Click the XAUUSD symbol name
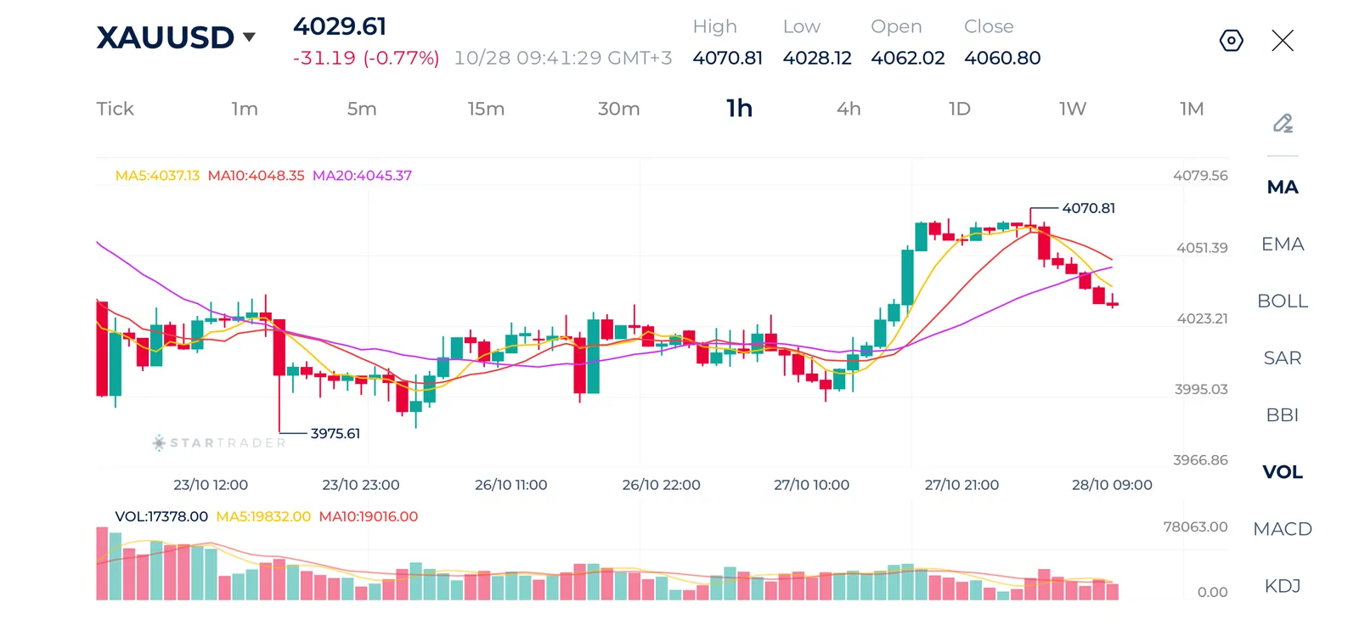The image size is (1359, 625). (x=165, y=37)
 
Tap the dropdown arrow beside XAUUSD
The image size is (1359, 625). (x=249, y=37)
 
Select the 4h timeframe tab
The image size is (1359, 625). (x=849, y=109)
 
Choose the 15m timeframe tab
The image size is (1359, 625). (x=486, y=109)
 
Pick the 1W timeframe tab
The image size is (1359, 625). (x=1073, y=109)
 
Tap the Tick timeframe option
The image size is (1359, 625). (x=115, y=109)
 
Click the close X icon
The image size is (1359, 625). (x=1283, y=41)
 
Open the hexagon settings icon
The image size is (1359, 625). (x=1231, y=41)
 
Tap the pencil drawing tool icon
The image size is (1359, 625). (x=1283, y=123)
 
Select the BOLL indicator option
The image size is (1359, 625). (x=1282, y=301)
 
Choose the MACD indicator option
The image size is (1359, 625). (x=1282, y=529)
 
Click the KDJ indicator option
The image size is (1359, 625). (x=1282, y=586)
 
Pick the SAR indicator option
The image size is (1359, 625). (x=1282, y=358)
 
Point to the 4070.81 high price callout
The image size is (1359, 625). (x=1088, y=208)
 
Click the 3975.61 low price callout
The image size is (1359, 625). (x=335, y=433)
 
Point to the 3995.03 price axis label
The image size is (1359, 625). (x=1201, y=389)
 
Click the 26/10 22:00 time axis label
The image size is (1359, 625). (x=661, y=485)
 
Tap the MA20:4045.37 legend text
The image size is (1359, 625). (x=362, y=176)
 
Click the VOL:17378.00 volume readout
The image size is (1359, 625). (x=161, y=516)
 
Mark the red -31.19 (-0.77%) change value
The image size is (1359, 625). (x=366, y=58)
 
